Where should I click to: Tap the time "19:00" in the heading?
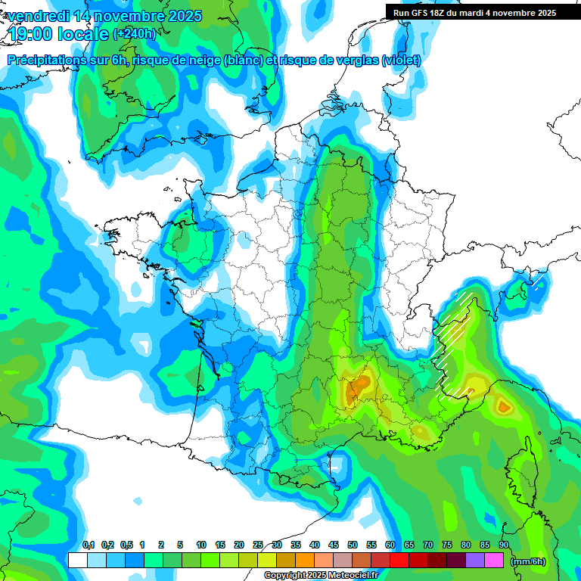[33, 34]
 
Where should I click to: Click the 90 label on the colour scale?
[503, 545]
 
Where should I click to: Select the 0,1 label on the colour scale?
[88, 545]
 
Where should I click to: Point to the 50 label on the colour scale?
[353, 545]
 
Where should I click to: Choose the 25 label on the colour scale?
[258, 545]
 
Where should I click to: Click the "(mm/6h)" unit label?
[527, 561]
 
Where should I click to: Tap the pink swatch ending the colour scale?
[494, 560]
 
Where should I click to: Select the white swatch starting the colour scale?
[77, 560]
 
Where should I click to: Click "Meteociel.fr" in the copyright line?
[358, 576]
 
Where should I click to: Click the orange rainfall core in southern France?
[362, 384]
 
